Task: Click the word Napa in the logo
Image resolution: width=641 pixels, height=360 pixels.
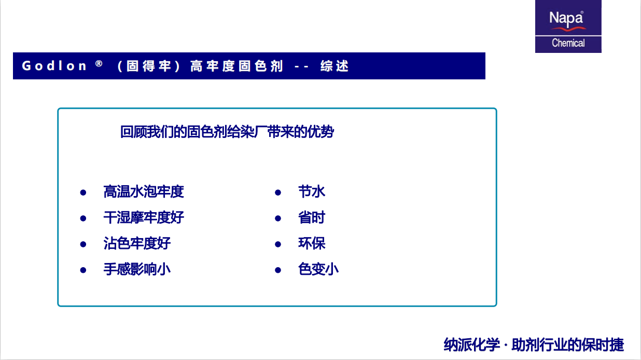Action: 566,19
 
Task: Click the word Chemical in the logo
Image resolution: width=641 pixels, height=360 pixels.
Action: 568,43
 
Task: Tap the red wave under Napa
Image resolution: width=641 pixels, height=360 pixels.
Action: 569,29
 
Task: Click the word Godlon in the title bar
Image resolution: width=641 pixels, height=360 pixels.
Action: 54,66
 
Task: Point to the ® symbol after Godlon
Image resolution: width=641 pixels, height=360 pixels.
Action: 99,63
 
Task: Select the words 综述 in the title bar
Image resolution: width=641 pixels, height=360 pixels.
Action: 334,66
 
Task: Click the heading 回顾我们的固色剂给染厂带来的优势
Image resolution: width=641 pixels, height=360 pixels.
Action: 227,132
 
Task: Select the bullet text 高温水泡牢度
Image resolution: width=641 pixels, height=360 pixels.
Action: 143,192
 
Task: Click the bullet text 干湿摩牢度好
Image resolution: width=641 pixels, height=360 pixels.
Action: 144,217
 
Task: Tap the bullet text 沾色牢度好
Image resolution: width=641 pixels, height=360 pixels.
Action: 137,243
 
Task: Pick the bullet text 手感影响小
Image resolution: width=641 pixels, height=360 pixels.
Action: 137,269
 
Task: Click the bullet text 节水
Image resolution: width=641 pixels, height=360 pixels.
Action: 312,192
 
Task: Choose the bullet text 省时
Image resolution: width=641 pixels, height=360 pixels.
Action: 312,217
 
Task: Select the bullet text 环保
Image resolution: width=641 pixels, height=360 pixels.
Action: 312,243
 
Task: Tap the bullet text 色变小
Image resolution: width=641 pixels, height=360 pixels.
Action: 318,269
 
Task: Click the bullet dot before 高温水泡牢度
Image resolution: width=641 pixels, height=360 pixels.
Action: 83,192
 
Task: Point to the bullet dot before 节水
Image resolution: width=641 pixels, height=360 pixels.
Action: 278,192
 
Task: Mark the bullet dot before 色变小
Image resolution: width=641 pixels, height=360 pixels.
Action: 278,270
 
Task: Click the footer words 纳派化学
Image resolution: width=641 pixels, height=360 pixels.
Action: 471,345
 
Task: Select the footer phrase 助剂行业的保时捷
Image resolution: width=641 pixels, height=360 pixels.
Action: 568,345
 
